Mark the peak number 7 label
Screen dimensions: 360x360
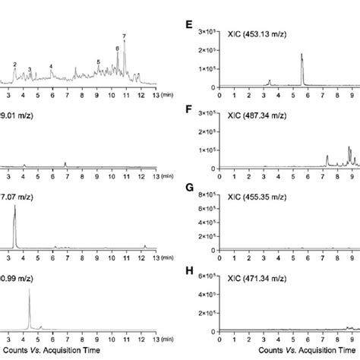(x=124, y=36)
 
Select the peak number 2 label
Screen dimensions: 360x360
(x=14, y=65)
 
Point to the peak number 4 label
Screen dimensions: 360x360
(x=51, y=67)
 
